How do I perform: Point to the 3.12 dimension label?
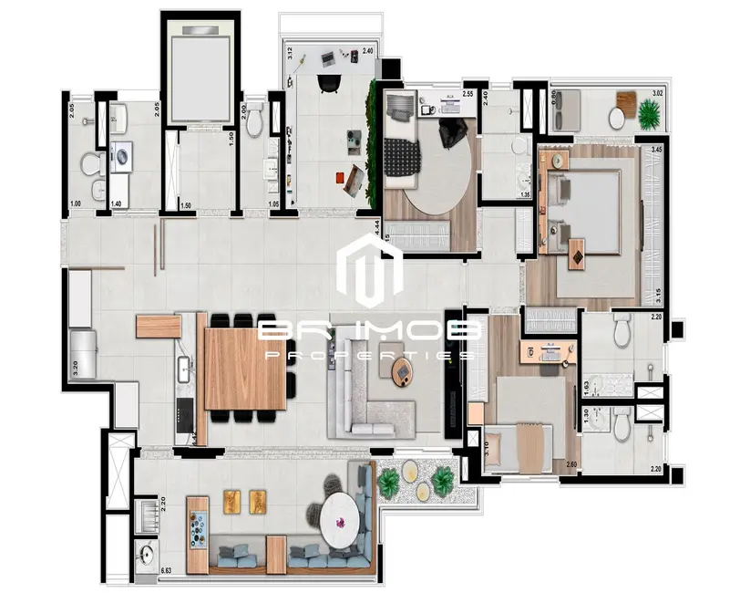point(289,52)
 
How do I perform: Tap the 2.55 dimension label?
point(467,94)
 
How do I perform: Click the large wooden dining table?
point(244,369)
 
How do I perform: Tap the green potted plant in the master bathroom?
point(650,115)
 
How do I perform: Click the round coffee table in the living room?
point(401,370)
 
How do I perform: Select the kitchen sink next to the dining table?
point(183,369)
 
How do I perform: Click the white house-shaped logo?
point(369,270)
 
